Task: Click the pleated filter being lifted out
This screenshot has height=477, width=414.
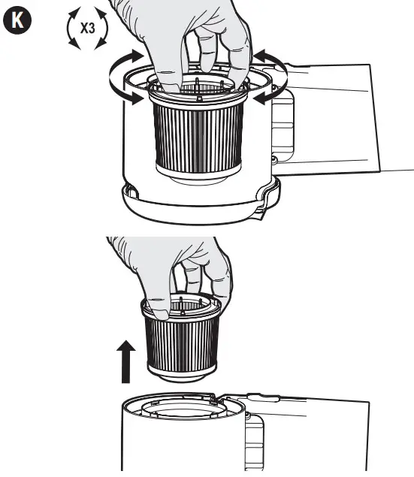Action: click(x=180, y=342)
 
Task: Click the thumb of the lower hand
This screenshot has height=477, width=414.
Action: click(x=156, y=300)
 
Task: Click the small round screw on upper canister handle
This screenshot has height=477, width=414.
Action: click(x=273, y=158)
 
